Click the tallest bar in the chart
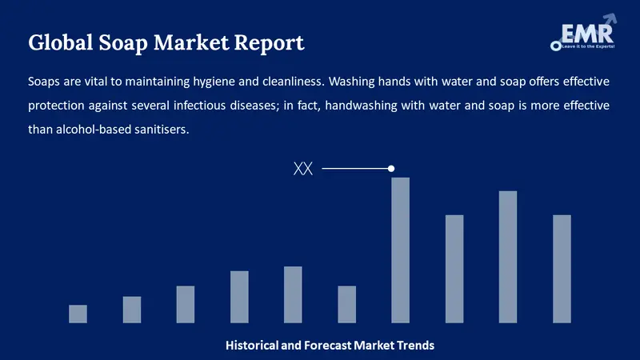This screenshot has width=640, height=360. tap(401, 250)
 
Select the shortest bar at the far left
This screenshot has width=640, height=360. tap(78, 314)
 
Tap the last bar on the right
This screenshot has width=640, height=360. tap(562, 269)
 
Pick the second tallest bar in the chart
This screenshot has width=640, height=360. tap(508, 257)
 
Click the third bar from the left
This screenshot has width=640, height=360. tap(186, 305)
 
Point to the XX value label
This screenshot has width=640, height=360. tap(303, 169)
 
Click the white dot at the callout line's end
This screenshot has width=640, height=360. tap(391, 169)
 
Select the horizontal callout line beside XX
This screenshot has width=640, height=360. tap(356, 169)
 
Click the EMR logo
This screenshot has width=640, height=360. tap(583, 33)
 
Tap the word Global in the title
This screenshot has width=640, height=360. tap(61, 42)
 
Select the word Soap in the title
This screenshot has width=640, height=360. tap(123, 43)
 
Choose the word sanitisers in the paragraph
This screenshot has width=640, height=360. tap(165, 130)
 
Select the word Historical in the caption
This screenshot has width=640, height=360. tap(251, 346)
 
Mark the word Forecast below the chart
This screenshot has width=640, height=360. tap(328, 346)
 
